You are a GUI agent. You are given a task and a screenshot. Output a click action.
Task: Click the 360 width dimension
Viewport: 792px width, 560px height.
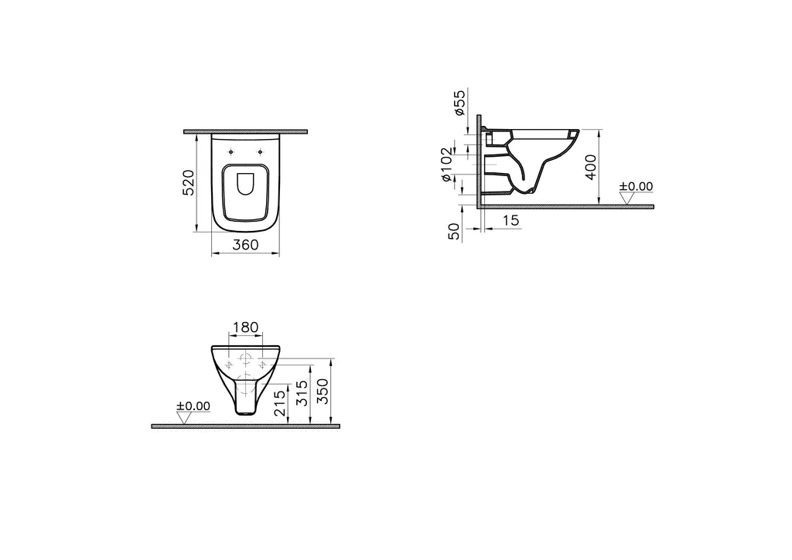[246, 245]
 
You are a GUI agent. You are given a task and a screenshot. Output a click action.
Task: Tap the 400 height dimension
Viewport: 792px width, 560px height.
[591, 166]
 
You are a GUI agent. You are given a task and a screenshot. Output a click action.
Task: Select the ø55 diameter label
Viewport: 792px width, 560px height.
[459, 103]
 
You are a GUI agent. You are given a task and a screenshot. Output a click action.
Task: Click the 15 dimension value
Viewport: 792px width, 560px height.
[510, 221]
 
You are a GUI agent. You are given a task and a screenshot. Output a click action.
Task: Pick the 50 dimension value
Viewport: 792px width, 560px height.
[456, 230]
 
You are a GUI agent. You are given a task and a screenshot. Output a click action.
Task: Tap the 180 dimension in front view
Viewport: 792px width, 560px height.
[245, 328]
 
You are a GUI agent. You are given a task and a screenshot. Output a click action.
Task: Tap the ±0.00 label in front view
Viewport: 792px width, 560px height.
[193, 406]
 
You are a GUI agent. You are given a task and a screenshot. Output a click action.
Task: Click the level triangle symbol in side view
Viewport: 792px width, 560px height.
[627, 198]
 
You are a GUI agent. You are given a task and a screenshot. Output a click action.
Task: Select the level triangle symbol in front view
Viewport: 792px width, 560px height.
[184, 418]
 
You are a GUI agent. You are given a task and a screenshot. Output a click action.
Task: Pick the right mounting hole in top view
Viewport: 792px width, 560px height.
[261, 151]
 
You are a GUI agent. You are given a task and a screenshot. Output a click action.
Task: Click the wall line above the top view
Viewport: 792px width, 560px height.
[246, 131]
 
